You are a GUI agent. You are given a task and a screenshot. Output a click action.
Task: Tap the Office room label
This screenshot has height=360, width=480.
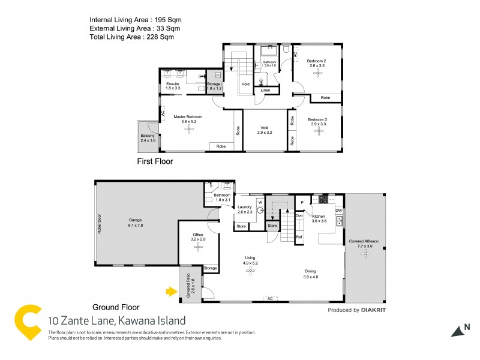click(x=199, y=236)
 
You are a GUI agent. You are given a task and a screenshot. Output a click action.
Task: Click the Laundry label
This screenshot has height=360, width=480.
click(x=245, y=208)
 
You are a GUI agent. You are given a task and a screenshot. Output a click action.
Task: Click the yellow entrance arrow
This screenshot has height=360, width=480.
click(x=170, y=292)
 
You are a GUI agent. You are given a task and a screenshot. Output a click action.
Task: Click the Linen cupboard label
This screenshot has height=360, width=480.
click(x=266, y=91)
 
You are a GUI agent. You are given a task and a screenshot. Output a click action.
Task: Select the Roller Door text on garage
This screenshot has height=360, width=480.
click(x=100, y=223)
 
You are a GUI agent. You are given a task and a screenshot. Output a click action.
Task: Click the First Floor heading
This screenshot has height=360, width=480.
click(x=155, y=161)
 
